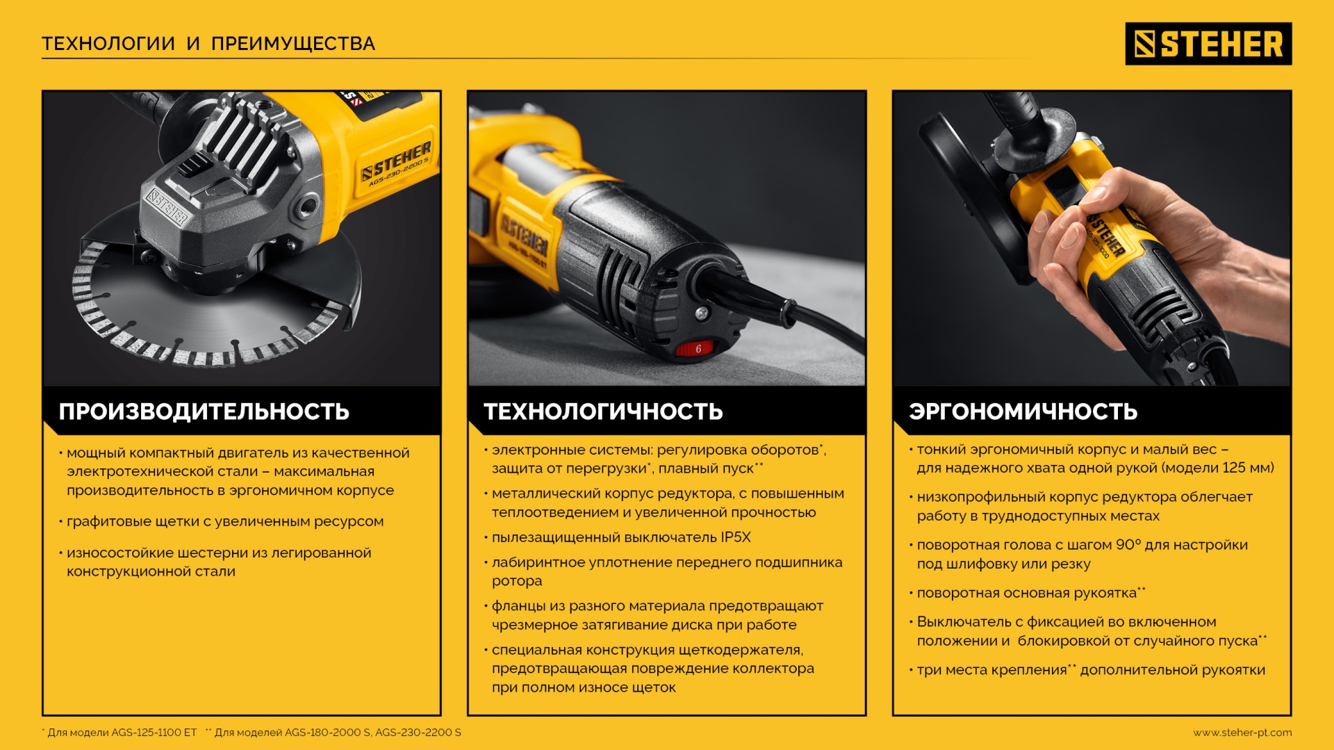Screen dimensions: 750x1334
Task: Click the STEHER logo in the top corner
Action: (1208, 44)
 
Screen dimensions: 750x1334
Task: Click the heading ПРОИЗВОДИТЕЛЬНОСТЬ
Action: (204, 411)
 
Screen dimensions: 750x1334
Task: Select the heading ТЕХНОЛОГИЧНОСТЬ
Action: (603, 411)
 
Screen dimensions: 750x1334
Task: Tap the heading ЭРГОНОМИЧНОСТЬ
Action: (1023, 411)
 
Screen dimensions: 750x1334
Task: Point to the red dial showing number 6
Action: (698, 348)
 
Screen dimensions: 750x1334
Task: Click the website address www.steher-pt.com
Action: (1242, 732)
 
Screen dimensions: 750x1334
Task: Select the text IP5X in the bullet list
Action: (735, 537)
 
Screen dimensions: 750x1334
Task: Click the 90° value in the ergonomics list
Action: (1128, 545)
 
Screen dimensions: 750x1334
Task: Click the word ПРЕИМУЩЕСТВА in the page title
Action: (293, 44)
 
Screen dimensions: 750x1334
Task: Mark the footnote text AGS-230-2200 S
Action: (418, 732)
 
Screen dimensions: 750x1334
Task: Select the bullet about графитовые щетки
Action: (224, 521)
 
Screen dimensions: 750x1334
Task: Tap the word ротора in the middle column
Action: (517, 581)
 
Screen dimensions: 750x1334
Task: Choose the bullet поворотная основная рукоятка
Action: (1026, 593)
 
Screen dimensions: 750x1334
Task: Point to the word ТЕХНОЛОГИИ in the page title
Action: (108, 44)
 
